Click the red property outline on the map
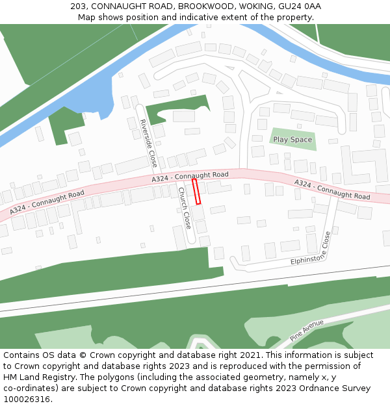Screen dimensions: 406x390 (196, 192)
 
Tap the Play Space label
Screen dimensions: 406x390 (292, 140)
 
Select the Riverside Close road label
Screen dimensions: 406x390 (148, 143)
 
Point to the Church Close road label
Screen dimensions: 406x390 (185, 208)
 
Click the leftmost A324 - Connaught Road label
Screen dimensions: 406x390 (47, 201)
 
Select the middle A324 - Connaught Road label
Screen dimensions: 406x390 (190, 176)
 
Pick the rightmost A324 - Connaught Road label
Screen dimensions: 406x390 (332, 190)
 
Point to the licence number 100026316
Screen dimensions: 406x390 (27, 399)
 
